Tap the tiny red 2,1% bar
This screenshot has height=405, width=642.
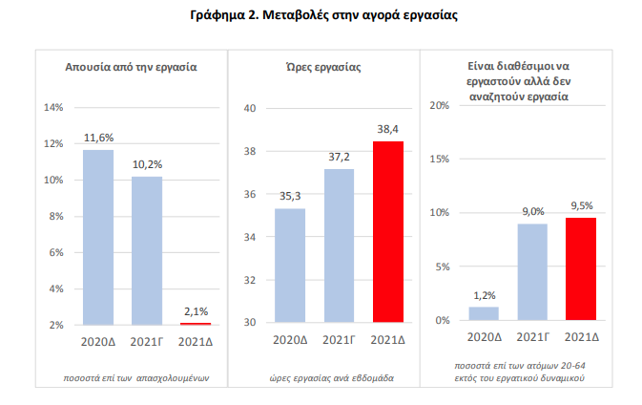[x=196, y=324]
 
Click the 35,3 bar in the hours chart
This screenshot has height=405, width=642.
[x=290, y=266]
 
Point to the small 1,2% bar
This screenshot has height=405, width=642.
[x=484, y=313]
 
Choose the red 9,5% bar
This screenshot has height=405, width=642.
[x=581, y=269]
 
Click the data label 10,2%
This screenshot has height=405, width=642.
[x=147, y=163]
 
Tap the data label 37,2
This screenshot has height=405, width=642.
[x=339, y=156]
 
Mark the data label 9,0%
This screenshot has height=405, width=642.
[x=532, y=211]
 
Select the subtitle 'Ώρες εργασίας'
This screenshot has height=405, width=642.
[x=323, y=68]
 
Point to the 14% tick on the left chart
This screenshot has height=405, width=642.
[x=53, y=107]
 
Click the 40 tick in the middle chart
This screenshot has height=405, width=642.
[x=252, y=108]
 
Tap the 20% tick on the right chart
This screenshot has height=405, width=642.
[x=440, y=105]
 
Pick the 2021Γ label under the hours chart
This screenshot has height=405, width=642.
[x=339, y=338]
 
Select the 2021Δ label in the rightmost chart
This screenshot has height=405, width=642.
[x=581, y=336]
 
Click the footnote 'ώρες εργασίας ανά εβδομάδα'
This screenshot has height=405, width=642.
[x=322, y=378]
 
